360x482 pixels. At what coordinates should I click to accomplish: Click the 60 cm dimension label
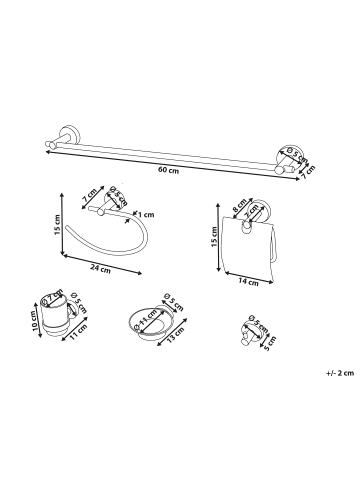tap(168, 170)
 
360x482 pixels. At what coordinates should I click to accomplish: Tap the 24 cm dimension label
tap(100, 269)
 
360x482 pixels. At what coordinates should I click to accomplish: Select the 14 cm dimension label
tap(248, 282)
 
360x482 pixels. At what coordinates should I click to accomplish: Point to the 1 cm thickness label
tap(146, 214)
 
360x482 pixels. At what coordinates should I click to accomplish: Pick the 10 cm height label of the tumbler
tap(35, 322)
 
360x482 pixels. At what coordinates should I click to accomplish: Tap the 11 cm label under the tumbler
tap(79, 332)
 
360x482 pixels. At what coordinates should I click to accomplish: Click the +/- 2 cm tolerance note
tap(340, 373)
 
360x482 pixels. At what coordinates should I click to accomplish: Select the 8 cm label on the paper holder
tap(239, 205)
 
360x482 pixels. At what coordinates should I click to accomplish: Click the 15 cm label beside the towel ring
tap(57, 224)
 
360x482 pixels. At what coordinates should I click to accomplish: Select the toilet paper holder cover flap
tap(247, 247)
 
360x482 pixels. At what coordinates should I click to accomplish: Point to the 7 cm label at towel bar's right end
tap(308, 172)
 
